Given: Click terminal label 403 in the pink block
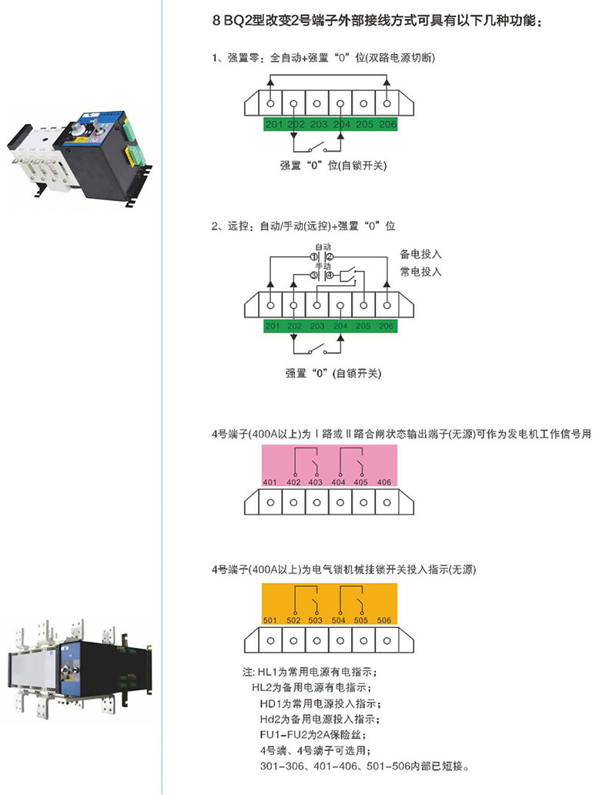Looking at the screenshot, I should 316,482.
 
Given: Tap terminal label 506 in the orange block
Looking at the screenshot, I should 384,620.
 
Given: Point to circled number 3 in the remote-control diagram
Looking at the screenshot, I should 313,274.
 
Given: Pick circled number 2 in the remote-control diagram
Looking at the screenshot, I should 329,256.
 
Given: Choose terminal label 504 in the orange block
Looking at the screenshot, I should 339,620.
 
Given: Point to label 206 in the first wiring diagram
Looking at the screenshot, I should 387,124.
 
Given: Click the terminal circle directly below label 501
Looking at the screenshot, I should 270,640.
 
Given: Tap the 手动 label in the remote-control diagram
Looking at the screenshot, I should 322,265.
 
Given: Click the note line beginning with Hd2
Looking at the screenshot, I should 320,719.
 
